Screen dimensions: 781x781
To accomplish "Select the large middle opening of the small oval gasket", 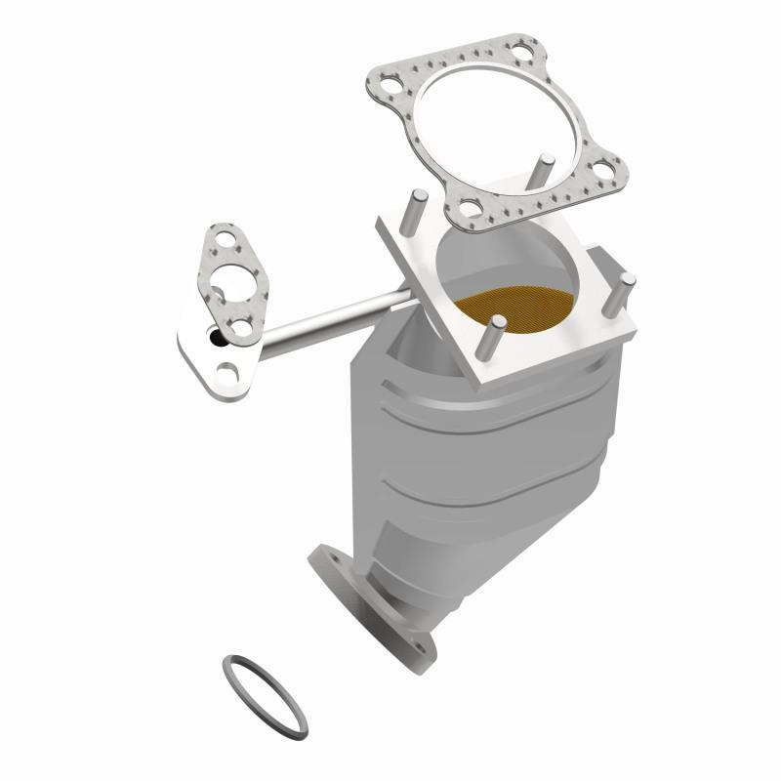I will coord(228,278).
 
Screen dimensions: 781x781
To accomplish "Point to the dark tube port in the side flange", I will coord(214,339).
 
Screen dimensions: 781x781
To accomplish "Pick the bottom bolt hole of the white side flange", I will coord(228,372).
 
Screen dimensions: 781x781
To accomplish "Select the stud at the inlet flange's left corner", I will coord(414,209).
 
